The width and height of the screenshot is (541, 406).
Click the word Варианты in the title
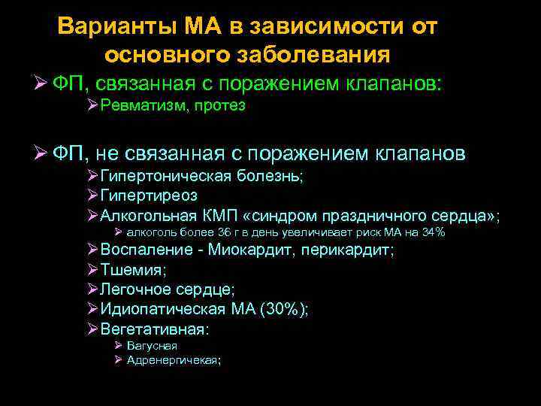tap(114, 26)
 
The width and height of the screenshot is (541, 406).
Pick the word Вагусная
tap(153, 346)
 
